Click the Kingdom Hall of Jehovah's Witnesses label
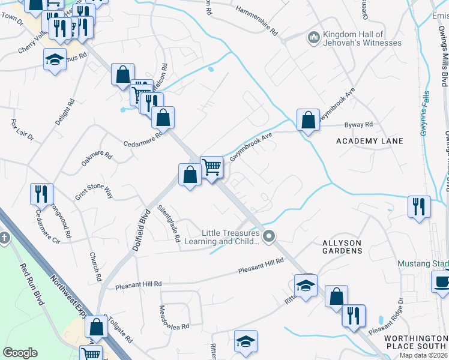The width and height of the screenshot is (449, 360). pos(362,38)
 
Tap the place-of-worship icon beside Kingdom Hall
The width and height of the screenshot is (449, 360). pos(313,38)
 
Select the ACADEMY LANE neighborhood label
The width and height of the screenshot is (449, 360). pos(369,141)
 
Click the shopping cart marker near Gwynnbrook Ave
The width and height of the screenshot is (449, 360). pos(211,167)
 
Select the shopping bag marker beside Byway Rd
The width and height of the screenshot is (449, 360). pos(308,120)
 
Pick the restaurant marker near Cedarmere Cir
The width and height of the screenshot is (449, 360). pos(41,194)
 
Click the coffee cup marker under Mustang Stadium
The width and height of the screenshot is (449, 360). pos(442,282)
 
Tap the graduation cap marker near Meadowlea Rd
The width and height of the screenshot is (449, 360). pos(246,341)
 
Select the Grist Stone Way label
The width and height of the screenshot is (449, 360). pos(92,191)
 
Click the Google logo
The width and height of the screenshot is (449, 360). pos(20,352)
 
